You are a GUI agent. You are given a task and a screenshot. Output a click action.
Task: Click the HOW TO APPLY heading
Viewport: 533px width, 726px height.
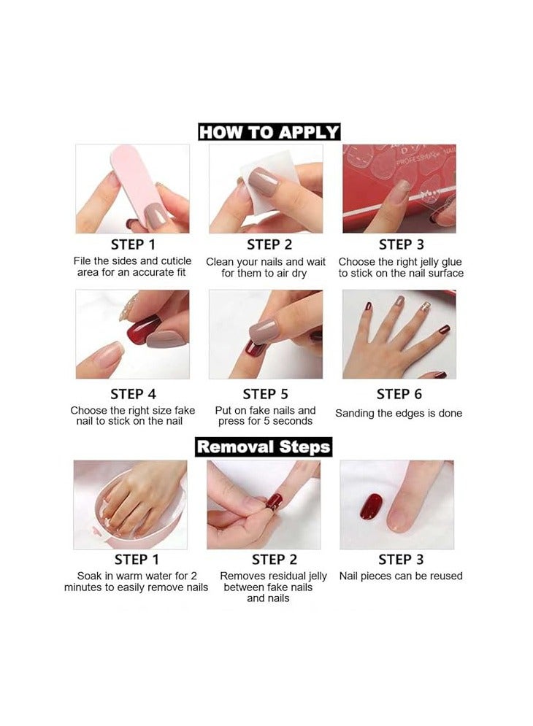point(269,132)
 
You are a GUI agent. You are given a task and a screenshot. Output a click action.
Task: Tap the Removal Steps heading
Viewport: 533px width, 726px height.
point(264,447)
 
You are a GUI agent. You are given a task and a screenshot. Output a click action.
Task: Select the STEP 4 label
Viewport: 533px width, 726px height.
point(133,395)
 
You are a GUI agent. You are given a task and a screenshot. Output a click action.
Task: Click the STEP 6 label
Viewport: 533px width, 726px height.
point(399,395)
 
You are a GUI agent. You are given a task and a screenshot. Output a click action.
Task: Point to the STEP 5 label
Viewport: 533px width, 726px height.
point(266,395)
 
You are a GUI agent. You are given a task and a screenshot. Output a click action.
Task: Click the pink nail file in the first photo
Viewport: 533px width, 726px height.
point(139,182)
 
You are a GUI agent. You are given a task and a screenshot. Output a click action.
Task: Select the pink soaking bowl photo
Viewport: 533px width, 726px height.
point(130,505)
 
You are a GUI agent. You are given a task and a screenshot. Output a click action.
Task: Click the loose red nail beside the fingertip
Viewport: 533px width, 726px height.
point(372,506)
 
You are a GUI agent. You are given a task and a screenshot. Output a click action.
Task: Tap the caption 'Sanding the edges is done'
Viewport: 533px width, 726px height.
point(399,413)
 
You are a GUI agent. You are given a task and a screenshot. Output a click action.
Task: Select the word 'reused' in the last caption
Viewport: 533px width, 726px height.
point(445,576)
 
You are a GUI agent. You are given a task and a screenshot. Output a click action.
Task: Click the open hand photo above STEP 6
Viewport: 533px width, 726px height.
point(399,334)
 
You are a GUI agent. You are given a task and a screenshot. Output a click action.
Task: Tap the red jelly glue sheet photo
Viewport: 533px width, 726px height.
point(399,188)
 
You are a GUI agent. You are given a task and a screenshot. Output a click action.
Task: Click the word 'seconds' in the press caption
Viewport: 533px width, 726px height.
point(292,421)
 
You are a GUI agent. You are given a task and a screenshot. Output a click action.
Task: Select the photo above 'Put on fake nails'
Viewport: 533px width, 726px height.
point(266,334)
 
